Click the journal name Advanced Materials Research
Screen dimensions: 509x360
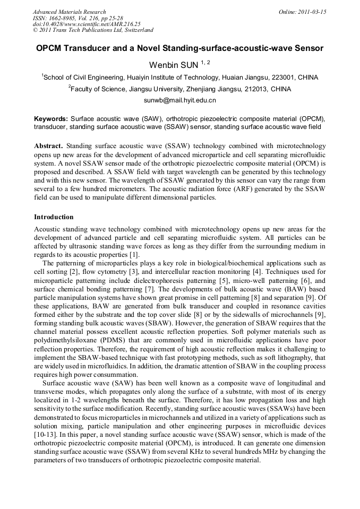pyautogui.click(x=70, y=12)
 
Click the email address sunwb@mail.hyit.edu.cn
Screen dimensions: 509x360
pyautogui.click(x=179, y=100)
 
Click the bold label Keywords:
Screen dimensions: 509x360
pyautogui.click(x=51, y=119)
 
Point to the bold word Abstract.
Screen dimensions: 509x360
pyautogui.click(x=48, y=145)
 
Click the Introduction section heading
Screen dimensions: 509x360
pyautogui.click(x=54, y=217)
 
